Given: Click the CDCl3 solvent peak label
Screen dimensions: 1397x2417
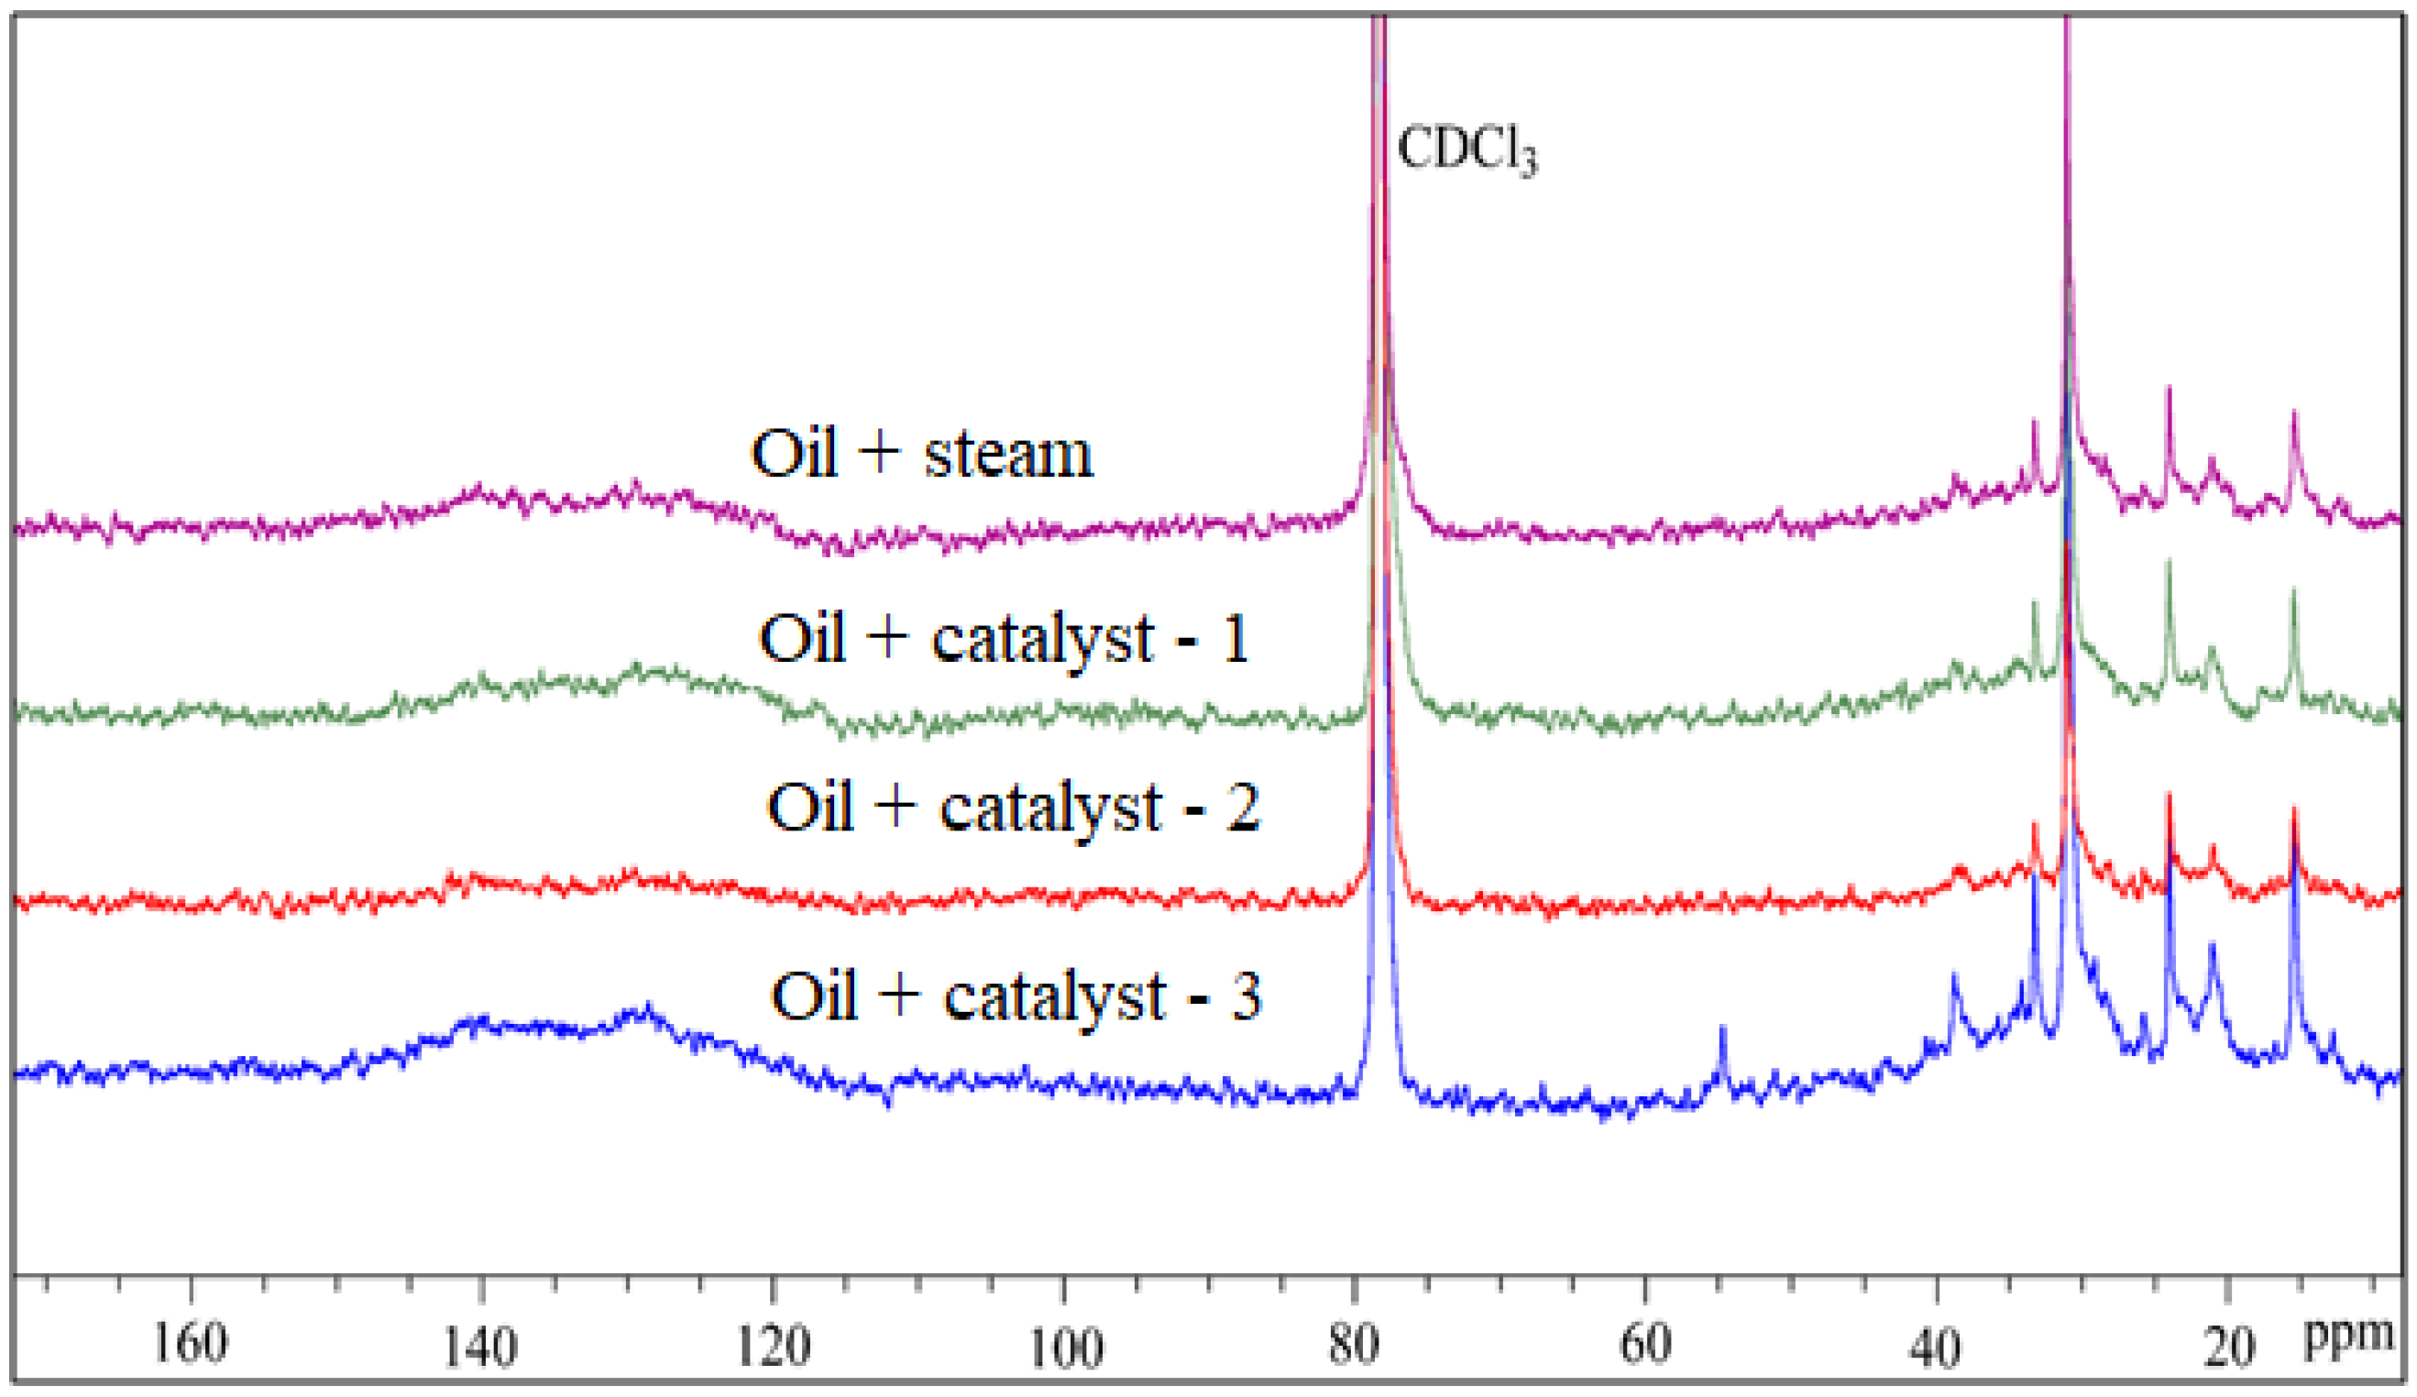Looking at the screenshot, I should pyautogui.click(x=1467, y=150).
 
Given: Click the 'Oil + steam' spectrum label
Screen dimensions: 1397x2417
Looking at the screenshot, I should pyautogui.click(x=921, y=453).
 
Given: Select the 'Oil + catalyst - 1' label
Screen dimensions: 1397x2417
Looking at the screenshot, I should pyautogui.click(x=1005, y=638).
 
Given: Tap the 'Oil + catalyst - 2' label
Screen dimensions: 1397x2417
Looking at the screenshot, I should pyautogui.click(x=1013, y=807).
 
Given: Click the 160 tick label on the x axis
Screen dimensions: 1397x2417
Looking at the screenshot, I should pyautogui.click(x=191, y=1343).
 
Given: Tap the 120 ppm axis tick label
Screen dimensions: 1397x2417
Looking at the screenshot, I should pyautogui.click(x=773, y=1345).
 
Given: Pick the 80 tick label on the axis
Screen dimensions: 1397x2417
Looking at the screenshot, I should pyautogui.click(x=1355, y=1345).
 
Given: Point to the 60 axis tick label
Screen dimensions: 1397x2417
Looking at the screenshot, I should pyautogui.click(x=1646, y=1345).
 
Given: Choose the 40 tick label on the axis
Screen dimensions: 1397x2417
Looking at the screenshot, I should pyautogui.click(x=1936, y=1345).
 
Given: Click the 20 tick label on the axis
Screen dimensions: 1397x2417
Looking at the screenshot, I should pyautogui.click(x=2227, y=1345).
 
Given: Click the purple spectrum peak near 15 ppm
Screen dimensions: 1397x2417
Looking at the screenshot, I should pyautogui.click(x=2294, y=414).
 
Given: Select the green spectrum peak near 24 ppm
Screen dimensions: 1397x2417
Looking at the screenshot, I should pyautogui.click(x=2169, y=566).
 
